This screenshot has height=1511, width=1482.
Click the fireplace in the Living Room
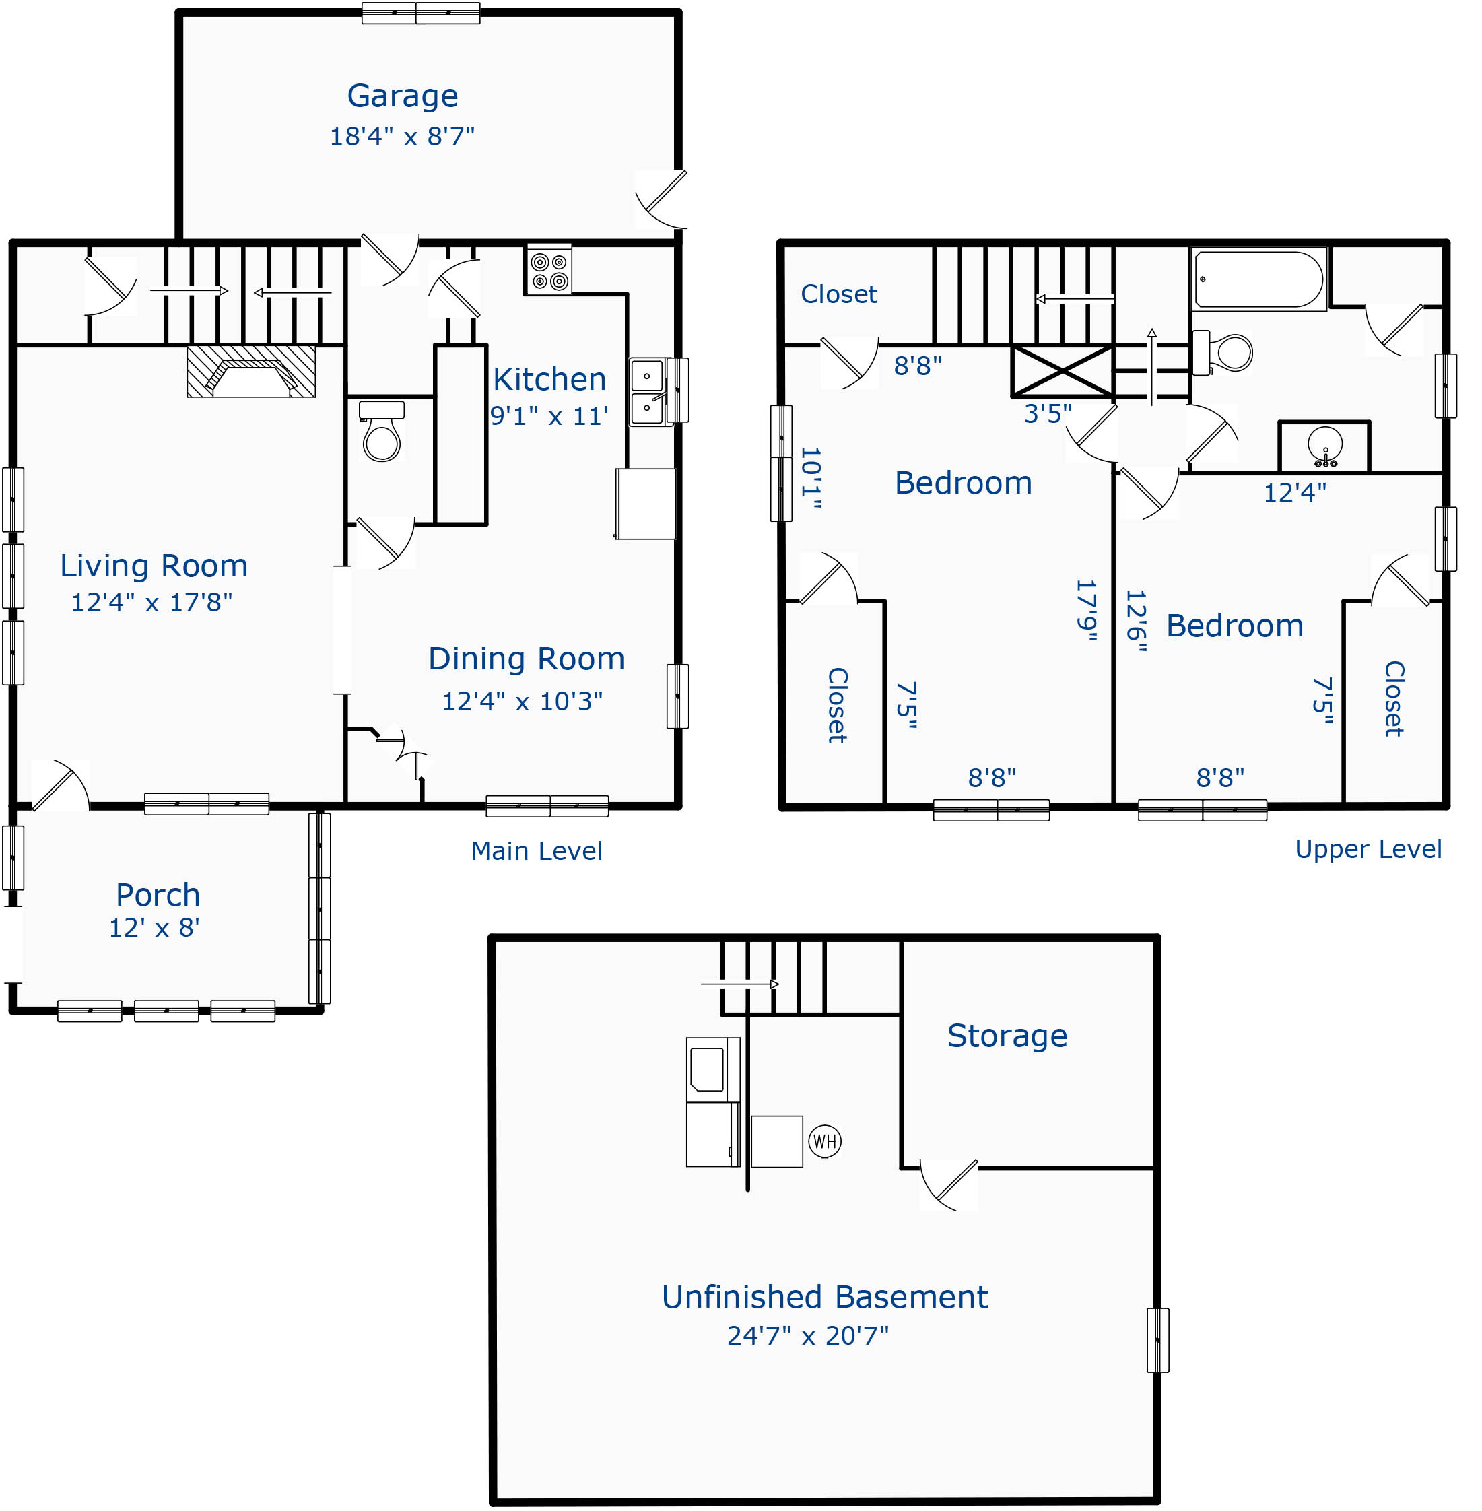pos(250,371)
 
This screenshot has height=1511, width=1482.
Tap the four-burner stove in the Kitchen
pos(549,270)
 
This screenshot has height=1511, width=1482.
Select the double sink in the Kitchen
pos(647,392)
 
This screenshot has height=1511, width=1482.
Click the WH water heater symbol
pos(824,1141)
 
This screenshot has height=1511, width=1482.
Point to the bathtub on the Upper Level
pos(1258,279)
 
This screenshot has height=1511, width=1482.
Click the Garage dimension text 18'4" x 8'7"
pos(401,136)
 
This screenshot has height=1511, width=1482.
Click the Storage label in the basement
pos(1007,1036)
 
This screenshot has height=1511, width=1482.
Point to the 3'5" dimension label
pos(1048,413)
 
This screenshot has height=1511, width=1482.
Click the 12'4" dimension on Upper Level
pos(1294,492)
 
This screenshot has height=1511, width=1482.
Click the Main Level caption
pos(536,851)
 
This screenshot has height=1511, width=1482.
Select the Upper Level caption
pos(1368,848)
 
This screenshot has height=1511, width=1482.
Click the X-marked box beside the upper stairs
pos(1062,371)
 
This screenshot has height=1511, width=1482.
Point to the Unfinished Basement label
pos(824,1297)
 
